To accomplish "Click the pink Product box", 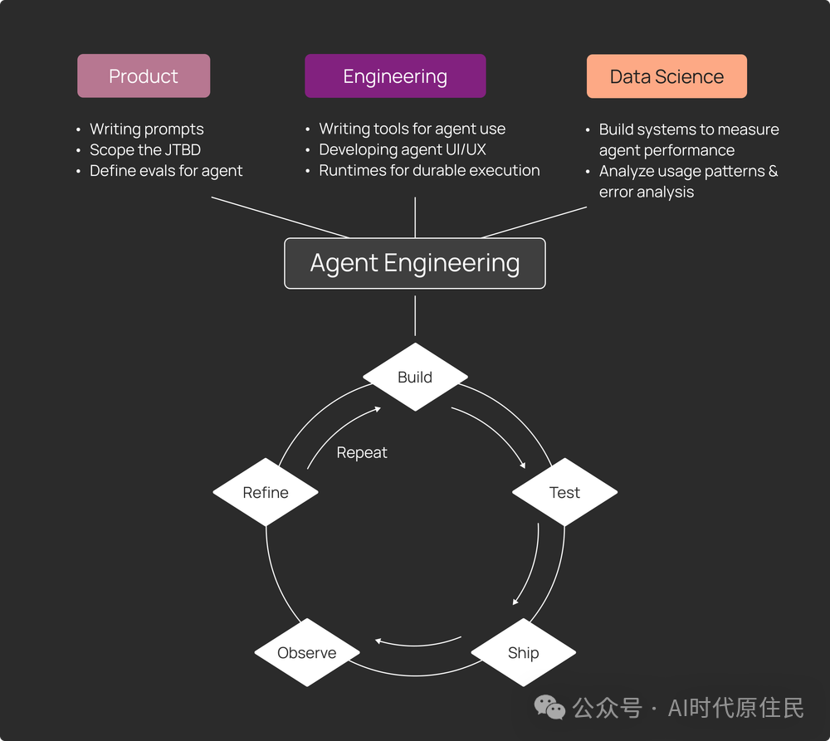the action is click(x=144, y=76).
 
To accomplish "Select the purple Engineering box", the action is click(x=395, y=76).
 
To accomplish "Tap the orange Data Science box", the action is click(x=666, y=76).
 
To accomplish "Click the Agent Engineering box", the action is click(x=414, y=263).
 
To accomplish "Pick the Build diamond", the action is click(x=415, y=377).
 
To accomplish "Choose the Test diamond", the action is click(x=564, y=492).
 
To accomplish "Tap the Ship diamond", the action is click(x=524, y=652).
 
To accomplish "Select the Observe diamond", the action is click(x=307, y=652).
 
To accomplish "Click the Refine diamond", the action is click(x=266, y=492).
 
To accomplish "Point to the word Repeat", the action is click(x=362, y=453).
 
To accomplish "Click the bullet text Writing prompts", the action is click(x=147, y=129).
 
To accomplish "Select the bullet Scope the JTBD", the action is click(x=145, y=150).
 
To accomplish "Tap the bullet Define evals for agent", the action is click(x=166, y=170).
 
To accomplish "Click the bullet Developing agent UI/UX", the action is click(x=403, y=150).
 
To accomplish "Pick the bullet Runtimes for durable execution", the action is click(x=429, y=170).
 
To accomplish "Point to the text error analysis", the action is click(x=647, y=192).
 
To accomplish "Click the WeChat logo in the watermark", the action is click(x=549, y=708).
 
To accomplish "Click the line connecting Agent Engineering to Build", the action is click(x=415, y=315).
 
